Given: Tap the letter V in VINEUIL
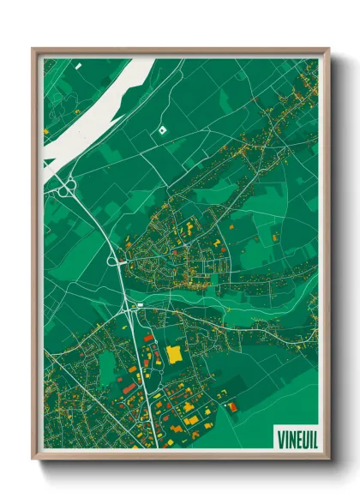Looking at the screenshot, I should pyautogui.click(x=280, y=439).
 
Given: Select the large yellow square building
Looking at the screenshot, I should pyautogui.click(x=174, y=352).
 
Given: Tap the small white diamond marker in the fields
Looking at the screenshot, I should pyautogui.click(x=161, y=129).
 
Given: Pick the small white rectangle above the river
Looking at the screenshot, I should pyautogui.click(x=77, y=65).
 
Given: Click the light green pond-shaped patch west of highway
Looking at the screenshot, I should pyautogui.click(x=107, y=369).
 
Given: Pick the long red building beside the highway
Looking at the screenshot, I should pyautogui.click(x=129, y=387).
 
